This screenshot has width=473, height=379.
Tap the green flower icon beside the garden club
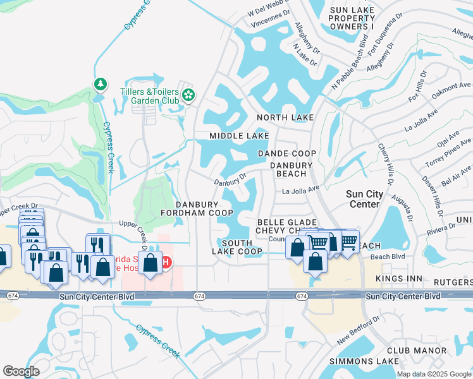click(188, 95)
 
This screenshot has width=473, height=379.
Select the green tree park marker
click(99, 84)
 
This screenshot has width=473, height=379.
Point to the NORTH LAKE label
click(286, 118)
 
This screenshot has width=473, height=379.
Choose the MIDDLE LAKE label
click(239, 136)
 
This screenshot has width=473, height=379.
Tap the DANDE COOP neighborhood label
click(287, 154)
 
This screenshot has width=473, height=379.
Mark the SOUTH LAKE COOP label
click(242, 247)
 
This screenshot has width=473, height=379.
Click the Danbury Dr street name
click(229, 182)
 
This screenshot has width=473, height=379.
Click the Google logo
click(21, 371)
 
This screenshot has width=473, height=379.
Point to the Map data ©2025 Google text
click(433, 374)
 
